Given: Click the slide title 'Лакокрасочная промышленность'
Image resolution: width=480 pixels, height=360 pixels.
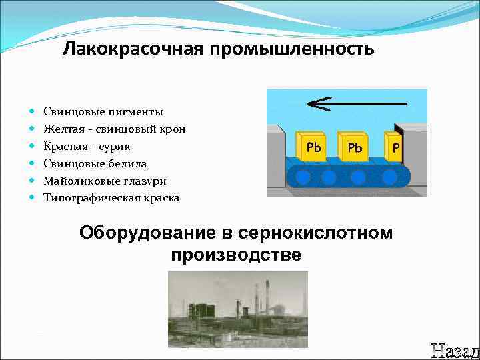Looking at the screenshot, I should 219,49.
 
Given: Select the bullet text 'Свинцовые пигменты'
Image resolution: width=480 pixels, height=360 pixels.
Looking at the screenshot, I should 103,111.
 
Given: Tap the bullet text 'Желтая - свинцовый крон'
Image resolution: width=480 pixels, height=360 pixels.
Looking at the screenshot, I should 115,129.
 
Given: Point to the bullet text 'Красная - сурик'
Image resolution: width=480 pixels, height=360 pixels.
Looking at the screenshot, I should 87,146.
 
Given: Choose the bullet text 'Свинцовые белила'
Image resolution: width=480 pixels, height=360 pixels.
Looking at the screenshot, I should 95,163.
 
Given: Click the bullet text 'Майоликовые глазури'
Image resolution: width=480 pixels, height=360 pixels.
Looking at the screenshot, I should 105,181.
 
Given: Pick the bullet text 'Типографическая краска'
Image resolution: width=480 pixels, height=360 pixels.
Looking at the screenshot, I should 111,198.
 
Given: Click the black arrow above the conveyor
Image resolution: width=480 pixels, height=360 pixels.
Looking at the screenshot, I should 357,104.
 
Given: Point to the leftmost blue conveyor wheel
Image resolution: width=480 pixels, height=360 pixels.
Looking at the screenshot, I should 303,177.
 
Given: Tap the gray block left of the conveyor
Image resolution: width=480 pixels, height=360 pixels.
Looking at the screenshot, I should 279,160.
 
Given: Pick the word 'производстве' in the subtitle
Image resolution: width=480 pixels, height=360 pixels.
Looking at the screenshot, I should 236,255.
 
